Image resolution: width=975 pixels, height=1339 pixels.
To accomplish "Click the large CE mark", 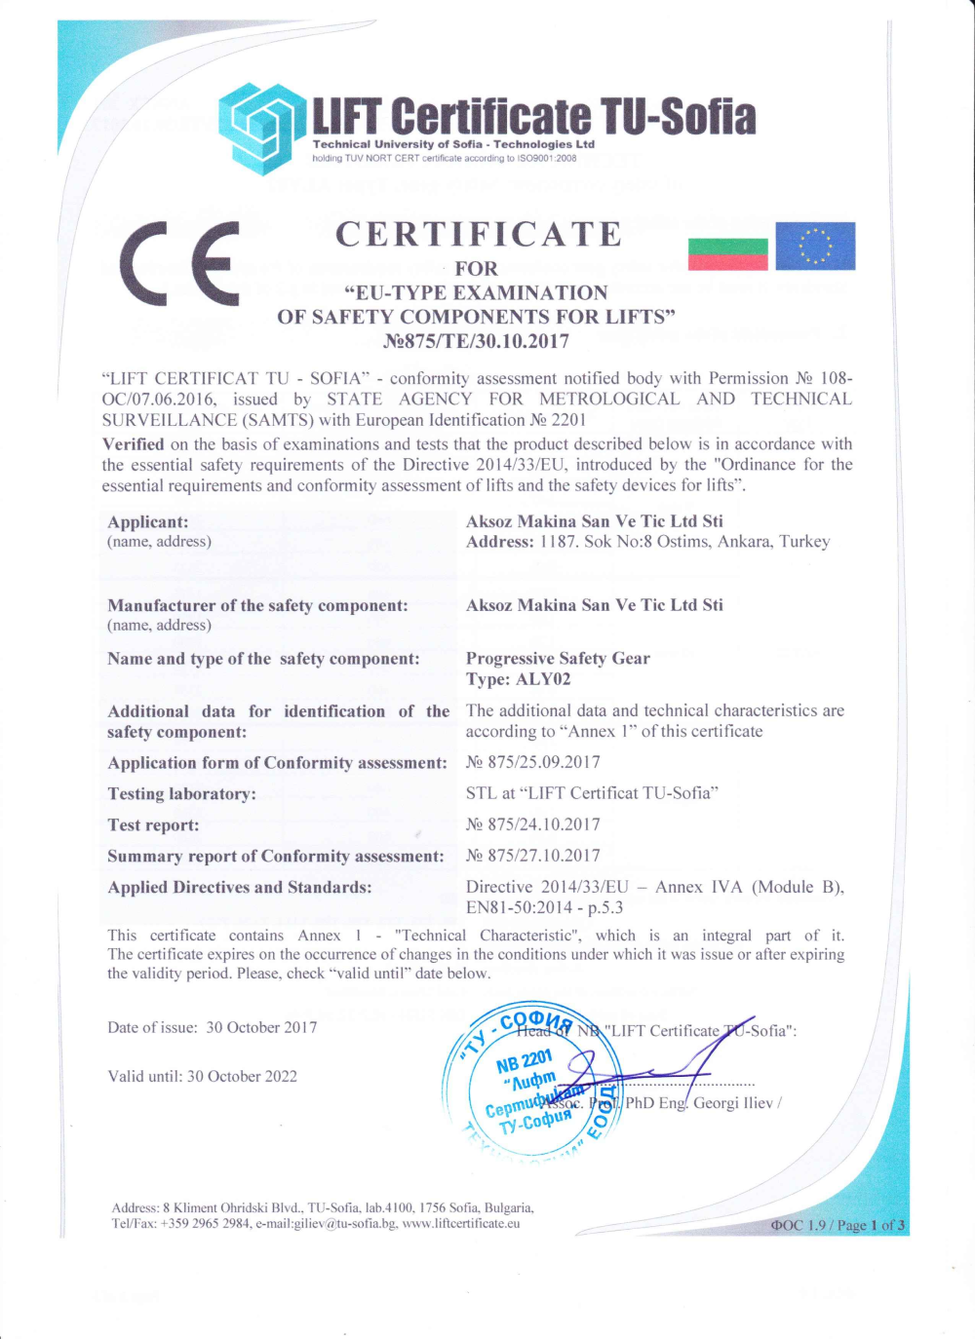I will click(179, 263).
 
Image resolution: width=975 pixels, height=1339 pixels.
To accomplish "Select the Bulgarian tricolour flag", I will click(727, 253).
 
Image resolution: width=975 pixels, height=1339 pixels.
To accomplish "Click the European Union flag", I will click(815, 247).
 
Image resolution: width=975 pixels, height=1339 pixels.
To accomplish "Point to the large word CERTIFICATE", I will click(479, 235).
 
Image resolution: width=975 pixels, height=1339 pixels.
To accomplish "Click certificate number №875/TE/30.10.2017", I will click(477, 341).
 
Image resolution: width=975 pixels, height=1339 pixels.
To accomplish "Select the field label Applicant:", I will click(148, 522).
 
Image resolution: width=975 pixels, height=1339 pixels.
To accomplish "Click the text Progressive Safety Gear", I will click(558, 659).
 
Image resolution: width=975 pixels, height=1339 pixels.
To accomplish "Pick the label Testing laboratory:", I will click(182, 794).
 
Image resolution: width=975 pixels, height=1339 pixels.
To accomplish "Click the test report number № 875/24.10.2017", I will click(533, 824).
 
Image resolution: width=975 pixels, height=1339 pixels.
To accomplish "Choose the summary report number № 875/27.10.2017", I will click(533, 856).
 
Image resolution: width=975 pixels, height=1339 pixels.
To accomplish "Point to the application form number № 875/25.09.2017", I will click(533, 762).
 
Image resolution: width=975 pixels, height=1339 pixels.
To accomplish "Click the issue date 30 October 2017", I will click(261, 1027).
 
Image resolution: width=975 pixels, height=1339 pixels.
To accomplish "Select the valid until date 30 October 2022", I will click(242, 1076).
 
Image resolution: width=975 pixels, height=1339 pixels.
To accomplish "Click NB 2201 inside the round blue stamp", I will click(525, 1061).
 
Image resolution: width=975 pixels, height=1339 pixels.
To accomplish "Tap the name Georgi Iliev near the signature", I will click(732, 1103).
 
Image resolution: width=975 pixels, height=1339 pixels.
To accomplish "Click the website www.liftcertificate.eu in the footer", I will click(461, 1223).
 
